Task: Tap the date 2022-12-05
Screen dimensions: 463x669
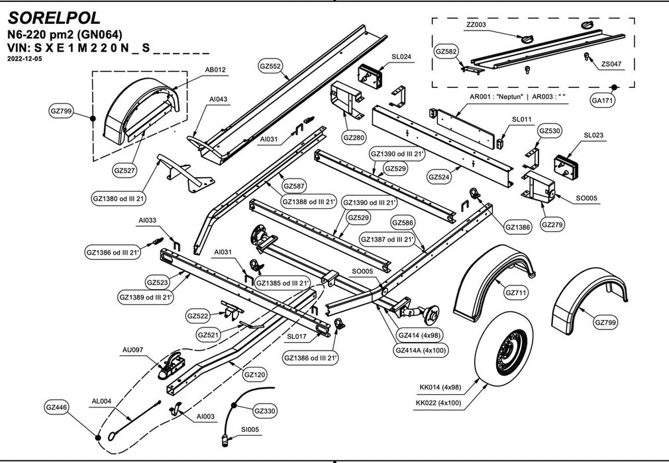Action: (25, 58)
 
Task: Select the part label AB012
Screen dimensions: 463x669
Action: (216, 69)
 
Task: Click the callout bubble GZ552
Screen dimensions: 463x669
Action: (270, 66)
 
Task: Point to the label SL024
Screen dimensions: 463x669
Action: (401, 57)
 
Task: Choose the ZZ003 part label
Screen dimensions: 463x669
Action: (476, 24)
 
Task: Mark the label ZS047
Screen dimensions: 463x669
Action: (611, 64)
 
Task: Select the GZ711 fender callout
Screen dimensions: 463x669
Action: (516, 292)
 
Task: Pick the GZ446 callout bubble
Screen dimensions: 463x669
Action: (57, 407)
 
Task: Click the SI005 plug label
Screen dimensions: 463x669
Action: (250, 429)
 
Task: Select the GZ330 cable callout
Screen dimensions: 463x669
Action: (265, 411)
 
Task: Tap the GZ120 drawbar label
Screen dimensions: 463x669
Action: (255, 375)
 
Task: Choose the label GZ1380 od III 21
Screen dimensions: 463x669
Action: (118, 198)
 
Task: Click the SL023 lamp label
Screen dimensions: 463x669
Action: (593, 135)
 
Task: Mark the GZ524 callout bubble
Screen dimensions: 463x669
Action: (440, 177)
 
